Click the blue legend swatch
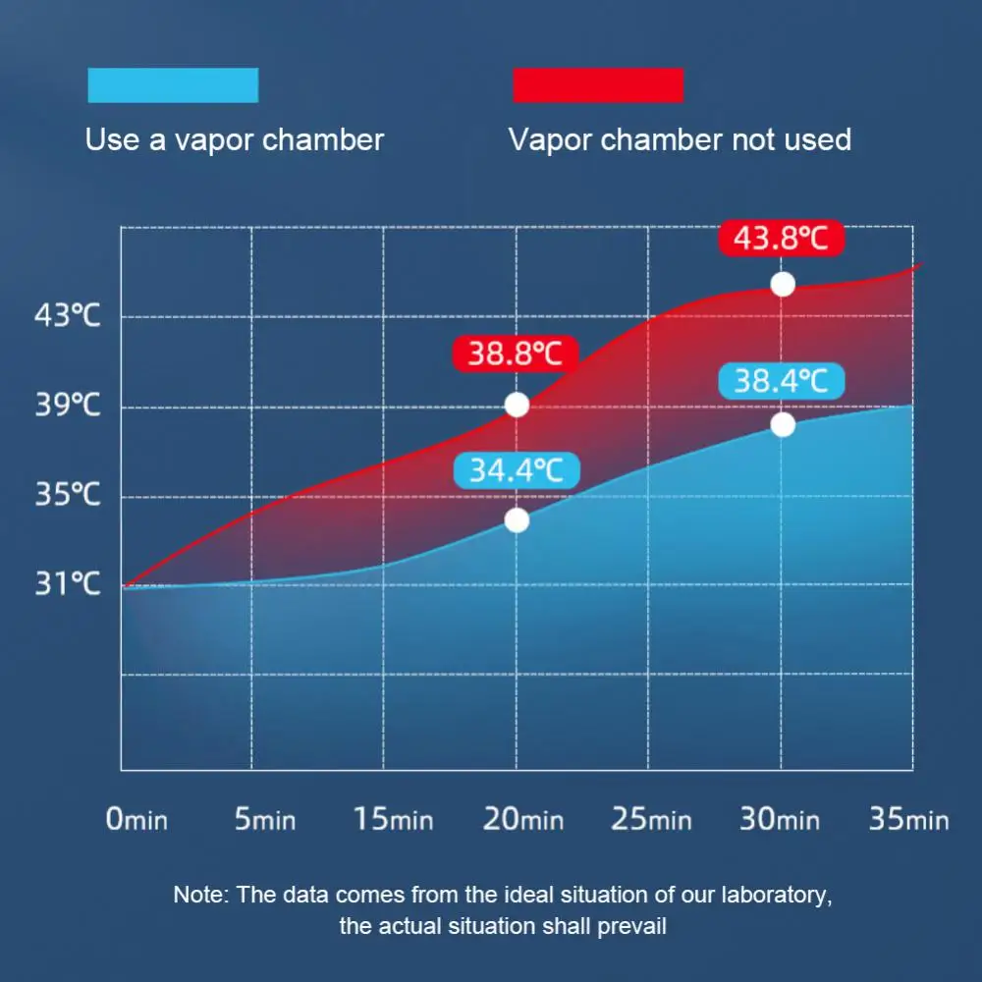coord(173,85)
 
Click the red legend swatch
coord(598,85)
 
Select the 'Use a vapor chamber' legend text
coord(234,139)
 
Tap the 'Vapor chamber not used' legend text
coord(680,139)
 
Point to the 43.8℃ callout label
coord(782,239)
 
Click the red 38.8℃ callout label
coord(515,354)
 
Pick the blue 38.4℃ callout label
coord(781,381)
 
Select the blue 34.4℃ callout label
coord(516,470)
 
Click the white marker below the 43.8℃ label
coord(783,284)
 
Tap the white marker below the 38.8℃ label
coord(517,405)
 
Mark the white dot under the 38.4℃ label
coord(783,425)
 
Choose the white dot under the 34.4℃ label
coord(517,520)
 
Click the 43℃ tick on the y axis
coord(68,316)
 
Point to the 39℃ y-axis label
coord(68,405)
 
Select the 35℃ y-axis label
coord(68,494)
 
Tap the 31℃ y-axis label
coord(68,584)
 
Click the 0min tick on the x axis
coord(136,819)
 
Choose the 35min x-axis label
coord(908,819)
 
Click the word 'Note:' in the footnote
coord(200,896)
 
